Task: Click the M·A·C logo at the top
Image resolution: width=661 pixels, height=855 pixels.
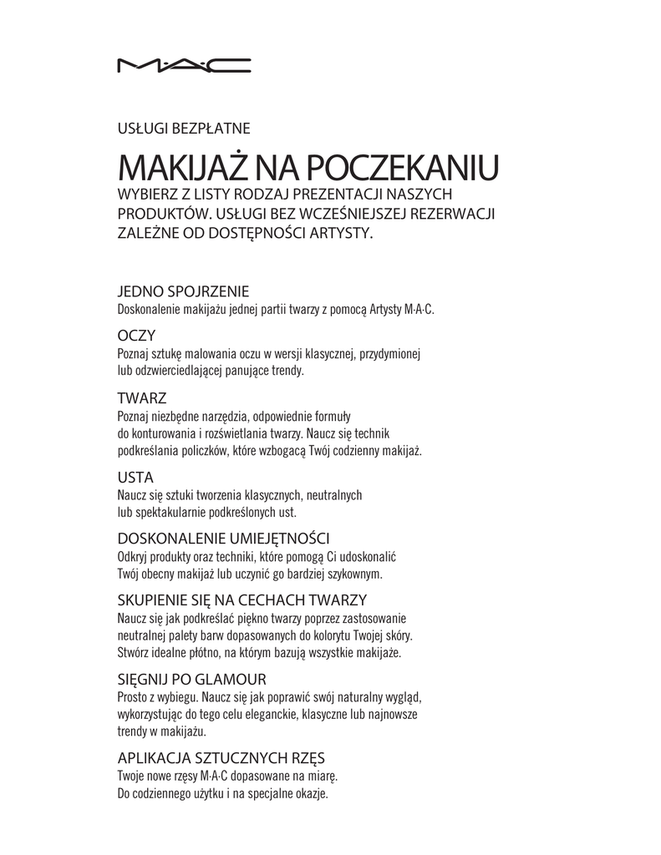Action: coord(183,64)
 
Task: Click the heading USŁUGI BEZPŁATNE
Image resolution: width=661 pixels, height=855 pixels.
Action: coord(183,128)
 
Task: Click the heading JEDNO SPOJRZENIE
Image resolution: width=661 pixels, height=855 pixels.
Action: coord(183,291)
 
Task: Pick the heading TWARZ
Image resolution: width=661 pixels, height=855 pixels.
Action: coord(141,397)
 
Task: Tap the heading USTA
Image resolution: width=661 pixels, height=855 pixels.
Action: coord(135,478)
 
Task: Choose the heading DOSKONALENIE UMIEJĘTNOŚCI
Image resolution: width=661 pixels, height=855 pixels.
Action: coord(223,538)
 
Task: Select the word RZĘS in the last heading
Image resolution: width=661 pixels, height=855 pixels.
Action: coord(306,758)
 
